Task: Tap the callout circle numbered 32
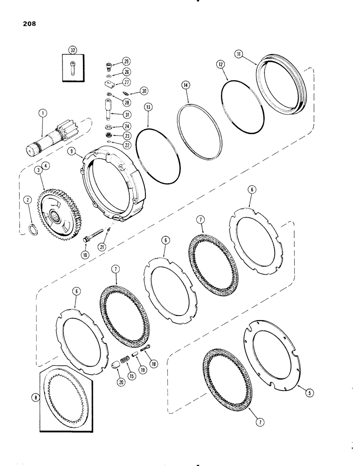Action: coord(72,50)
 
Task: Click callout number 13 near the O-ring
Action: coord(148,119)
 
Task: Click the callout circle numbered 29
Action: coord(126,61)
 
